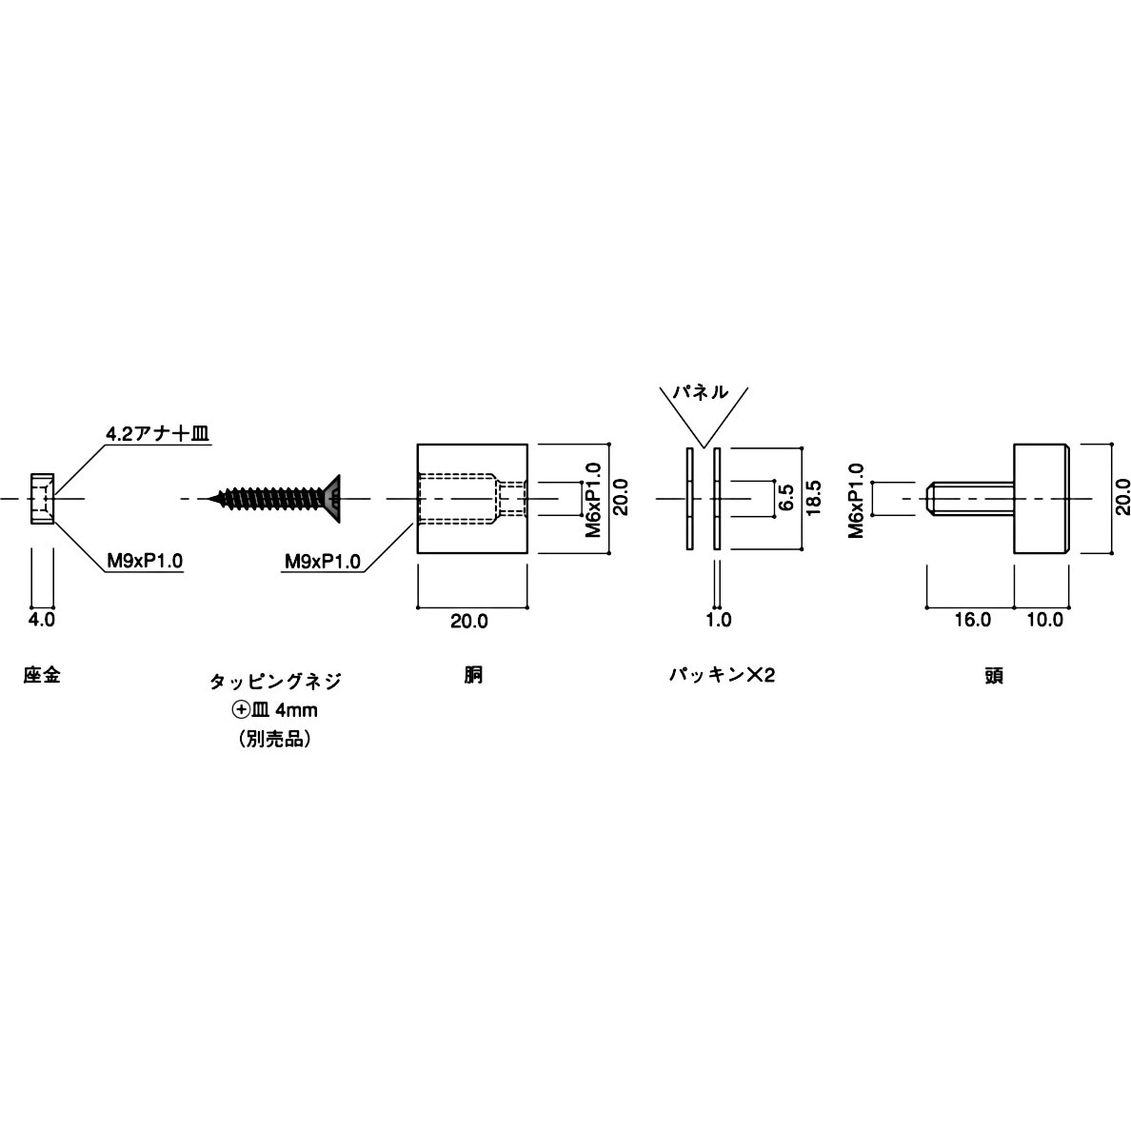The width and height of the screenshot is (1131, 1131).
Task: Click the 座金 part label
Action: click(x=42, y=676)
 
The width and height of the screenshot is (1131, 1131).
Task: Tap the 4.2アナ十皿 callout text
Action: click(x=157, y=433)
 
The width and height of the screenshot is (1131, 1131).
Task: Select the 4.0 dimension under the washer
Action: click(x=42, y=620)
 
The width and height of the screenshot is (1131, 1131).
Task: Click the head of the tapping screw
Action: click(x=332, y=497)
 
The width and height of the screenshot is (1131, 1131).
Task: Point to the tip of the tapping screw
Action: click(x=211, y=497)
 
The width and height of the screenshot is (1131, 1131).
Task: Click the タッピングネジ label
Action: click(x=274, y=682)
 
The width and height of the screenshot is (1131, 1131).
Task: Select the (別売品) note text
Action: click(x=274, y=739)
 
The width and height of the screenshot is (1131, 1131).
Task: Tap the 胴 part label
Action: click(x=473, y=676)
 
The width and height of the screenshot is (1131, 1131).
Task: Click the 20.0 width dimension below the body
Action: click(x=469, y=621)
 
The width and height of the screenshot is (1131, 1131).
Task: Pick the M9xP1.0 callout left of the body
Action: click(x=322, y=562)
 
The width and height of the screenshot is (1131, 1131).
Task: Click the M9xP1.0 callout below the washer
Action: click(x=145, y=562)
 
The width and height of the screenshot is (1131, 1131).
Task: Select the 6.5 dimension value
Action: click(x=785, y=498)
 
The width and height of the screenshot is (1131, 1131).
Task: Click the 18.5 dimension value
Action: click(x=814, y=498)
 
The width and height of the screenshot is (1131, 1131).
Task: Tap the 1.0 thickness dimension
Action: click(x=719, y=621)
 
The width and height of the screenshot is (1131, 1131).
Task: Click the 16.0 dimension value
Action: click(x=972, y=621)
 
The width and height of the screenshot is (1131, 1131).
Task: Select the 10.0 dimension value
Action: click(x=1044, y=621)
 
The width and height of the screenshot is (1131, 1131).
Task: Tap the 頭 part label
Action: click(x=995, y=676)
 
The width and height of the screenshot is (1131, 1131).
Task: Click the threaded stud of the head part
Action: click(x=971, y=498)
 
